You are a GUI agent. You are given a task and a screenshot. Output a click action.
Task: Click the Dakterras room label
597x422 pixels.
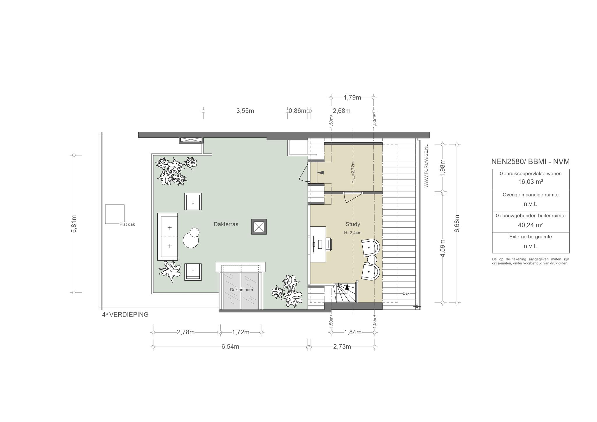coord(226,224)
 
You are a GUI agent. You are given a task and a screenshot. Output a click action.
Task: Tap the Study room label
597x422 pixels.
coord(353,224)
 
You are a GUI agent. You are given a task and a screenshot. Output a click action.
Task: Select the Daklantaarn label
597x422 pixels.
coord(241,290)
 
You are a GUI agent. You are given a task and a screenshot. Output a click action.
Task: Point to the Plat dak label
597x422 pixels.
coord(127,224)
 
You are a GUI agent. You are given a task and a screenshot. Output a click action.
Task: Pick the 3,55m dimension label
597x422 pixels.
coord(245,111)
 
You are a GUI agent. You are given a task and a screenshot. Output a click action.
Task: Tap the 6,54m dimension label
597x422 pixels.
coord(230,347)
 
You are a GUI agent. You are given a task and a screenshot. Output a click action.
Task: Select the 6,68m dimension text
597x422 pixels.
coord(457,224)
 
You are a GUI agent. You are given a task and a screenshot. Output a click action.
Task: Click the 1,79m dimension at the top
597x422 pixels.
coord(352,98)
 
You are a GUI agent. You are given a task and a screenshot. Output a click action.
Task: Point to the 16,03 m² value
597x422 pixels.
coord(531,182)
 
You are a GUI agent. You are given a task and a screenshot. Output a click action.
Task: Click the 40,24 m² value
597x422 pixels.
coord(531,225)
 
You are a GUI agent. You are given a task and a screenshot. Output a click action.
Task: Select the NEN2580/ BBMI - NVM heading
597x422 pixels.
coord(531,162)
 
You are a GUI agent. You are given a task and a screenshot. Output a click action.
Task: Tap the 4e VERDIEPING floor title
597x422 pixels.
coord(125,315)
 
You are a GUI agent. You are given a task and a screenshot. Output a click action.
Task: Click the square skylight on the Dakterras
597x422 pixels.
coord(259,227)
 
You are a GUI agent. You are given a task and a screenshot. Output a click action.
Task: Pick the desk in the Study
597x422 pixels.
coord(318,244)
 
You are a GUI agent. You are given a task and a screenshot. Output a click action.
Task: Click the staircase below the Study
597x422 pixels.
coord(346,293)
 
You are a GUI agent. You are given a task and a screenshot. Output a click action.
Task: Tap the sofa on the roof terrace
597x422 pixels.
coord(168,237)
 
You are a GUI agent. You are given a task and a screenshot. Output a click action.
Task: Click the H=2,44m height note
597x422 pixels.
coord(353,233)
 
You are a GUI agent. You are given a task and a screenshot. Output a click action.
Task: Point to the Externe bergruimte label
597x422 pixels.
coord(531,237)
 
